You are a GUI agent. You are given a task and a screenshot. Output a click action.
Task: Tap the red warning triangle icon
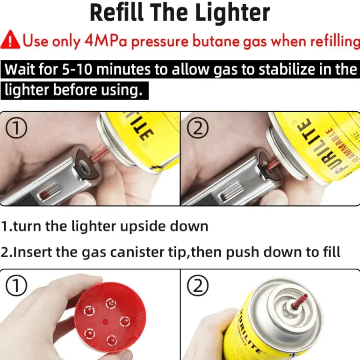tap(10, 40)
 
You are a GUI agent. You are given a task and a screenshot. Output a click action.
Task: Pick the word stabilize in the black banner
tap(287, 69)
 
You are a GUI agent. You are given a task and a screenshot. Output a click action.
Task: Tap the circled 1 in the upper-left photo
tap(16, 128)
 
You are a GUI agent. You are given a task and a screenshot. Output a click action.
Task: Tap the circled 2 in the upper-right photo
tap(198, 128)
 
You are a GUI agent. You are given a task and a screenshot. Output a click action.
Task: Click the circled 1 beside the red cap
tap(16, 286)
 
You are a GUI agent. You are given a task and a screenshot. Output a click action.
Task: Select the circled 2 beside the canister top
tap(198, 286)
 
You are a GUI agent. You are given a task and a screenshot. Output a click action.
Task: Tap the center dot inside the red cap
tap(105, 322)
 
